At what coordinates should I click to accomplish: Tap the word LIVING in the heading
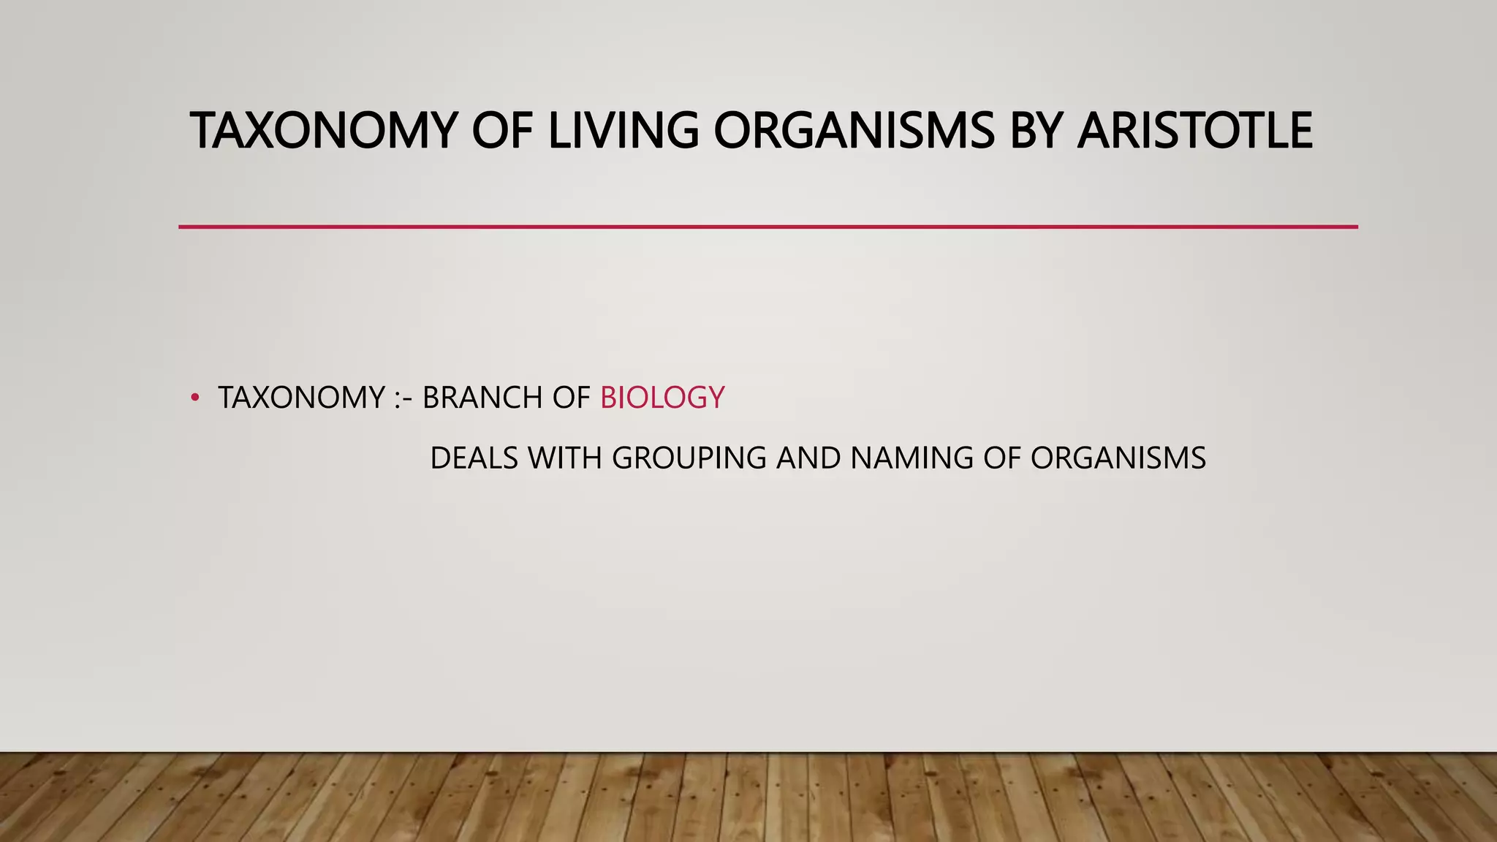[x=623, y=131]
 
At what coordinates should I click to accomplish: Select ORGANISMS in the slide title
[x=854, y=131]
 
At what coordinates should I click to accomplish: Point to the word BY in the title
[x=1035, y=131]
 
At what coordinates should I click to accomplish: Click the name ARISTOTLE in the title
[x=1194, y=131]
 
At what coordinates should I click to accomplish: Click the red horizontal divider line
[x=768, y=227]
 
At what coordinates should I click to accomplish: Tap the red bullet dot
[x=194, y=398]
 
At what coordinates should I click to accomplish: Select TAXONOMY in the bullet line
[x=301, y=398]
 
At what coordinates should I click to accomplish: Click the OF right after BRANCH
[x=570, y=398]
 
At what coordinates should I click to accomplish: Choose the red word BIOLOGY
[x=662, y=398]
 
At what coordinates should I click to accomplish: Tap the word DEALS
[x=474, y=458]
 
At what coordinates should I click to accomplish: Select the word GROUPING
[x=689, y=458]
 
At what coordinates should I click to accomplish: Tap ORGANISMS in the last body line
[x=1118, y=458]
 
